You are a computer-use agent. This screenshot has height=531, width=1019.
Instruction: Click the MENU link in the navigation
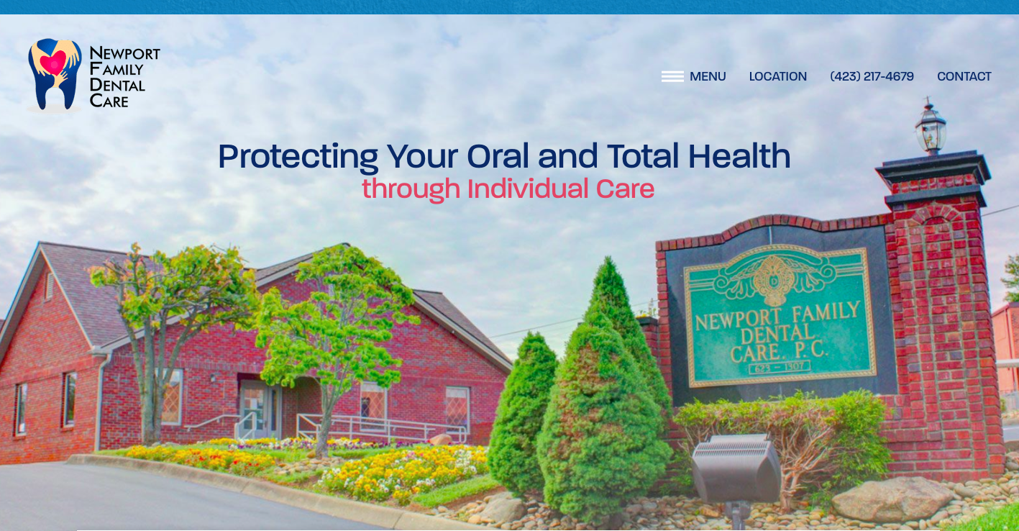coord(708,76)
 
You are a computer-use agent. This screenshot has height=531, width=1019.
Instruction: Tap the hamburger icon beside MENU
coord(672,76)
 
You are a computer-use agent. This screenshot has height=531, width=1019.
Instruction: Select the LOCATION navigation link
coord(777,76)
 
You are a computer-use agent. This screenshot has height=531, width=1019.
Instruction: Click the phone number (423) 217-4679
coord(872,76)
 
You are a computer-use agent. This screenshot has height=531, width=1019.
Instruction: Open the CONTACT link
coord(964,76)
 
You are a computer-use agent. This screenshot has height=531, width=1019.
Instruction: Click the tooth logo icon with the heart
coord(55,73)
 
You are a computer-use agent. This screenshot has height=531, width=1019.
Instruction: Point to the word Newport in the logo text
coord(124,54)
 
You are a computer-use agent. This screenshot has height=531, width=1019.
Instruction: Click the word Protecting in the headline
coord(298,157)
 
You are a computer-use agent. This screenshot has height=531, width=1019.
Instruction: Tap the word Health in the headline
coord(739,156)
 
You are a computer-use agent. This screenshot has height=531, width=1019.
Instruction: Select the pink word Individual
coord(527,189)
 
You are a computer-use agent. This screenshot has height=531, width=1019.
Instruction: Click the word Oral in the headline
coord(498,156)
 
